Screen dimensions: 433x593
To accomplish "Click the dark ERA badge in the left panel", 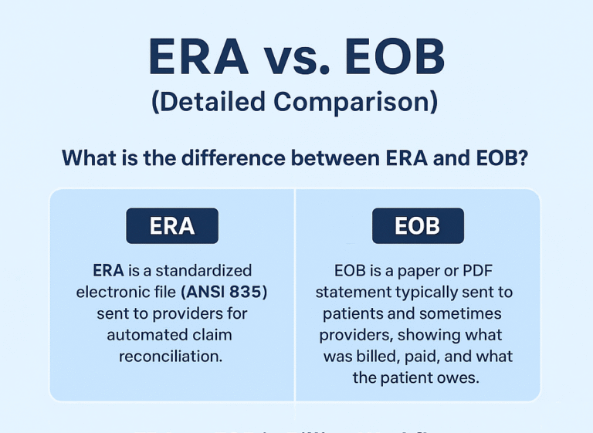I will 171,226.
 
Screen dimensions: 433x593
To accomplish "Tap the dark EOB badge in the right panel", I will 417,226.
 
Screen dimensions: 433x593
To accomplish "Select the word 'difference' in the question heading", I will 217,158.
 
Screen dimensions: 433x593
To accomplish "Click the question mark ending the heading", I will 524,158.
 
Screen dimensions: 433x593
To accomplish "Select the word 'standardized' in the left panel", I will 204,271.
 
